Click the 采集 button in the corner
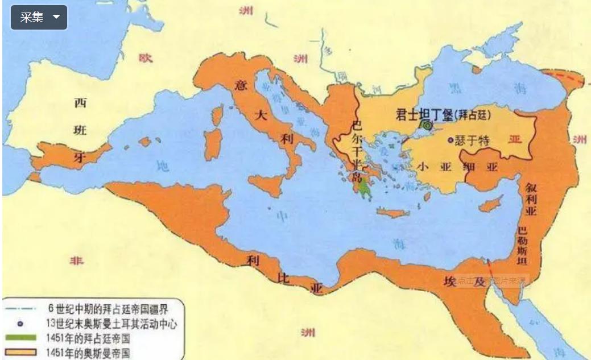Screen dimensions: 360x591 (39, 17)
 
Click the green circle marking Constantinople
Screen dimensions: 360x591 (427, 125)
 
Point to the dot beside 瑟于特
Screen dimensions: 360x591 (451, 140)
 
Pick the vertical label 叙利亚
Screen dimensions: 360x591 (530, 200)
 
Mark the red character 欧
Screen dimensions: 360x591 (146, 57)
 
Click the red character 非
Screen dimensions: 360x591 (76, 260)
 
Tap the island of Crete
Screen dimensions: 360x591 (393, 212)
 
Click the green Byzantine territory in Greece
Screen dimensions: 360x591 (365, 188)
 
